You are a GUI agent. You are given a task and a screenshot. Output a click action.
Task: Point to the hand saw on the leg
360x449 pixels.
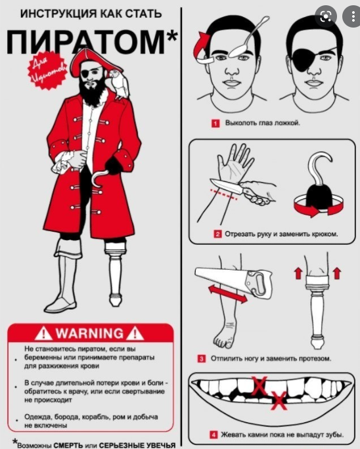(x=235, y=283)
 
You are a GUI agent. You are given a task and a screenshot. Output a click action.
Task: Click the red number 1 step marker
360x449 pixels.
(x=215, y=123)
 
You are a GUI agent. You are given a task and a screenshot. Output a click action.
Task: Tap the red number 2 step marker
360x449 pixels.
(x=217, y=234)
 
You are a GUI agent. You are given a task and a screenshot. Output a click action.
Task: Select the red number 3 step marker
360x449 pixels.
(x=202, y=358)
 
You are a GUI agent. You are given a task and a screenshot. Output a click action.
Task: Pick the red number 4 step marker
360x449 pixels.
(x=214, y=435)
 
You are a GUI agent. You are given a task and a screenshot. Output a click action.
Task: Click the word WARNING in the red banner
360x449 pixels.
(x=89, y=333)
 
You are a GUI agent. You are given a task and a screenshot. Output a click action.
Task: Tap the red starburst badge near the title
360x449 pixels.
(x=47, y=70)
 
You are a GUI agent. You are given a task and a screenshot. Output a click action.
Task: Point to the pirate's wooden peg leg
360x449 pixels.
(x=116, y=274)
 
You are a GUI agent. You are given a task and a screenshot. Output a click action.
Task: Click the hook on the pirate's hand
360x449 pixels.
(x=99, y=178)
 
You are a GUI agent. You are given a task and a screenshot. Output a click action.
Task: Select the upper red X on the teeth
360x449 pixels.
(x=259, y=386)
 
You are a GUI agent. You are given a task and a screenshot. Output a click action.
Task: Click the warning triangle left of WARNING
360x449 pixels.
(x=43, y=333)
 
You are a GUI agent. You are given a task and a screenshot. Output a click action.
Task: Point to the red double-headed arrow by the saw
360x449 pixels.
(x=228, y=294)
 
